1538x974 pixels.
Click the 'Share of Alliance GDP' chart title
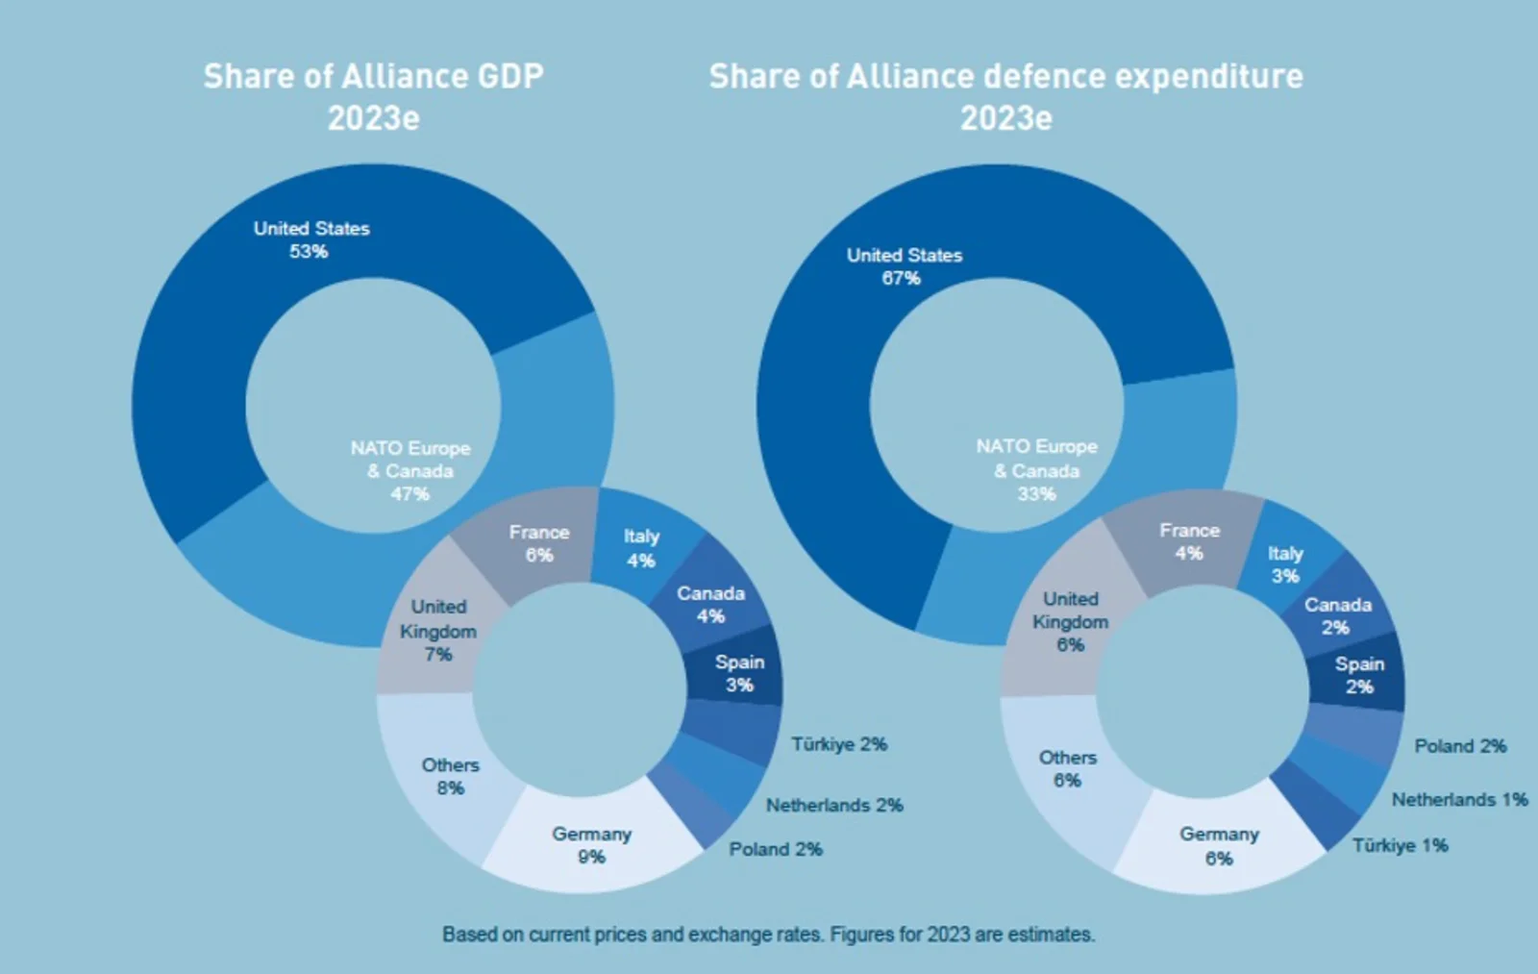373,96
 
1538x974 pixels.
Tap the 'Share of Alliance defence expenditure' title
1005,96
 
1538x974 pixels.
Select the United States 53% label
310,239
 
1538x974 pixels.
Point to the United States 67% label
904,266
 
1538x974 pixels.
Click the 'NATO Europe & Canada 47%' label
410,470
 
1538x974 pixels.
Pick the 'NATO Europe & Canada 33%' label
1036,470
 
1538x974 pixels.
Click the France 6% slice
538,543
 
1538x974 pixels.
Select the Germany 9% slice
591,845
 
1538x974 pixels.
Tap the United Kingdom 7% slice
437,631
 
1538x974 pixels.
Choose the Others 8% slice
449,776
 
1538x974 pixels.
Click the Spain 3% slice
738,673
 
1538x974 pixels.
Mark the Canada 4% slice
710,605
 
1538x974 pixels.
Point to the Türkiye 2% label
838,744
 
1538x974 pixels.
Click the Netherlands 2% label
833,805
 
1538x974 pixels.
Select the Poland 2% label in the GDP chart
775,849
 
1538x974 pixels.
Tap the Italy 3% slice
1285,564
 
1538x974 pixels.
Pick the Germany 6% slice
1219,845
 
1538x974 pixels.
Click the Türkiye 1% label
1400,845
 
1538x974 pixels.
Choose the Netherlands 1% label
1459,799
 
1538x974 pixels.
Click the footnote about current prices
768,934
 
